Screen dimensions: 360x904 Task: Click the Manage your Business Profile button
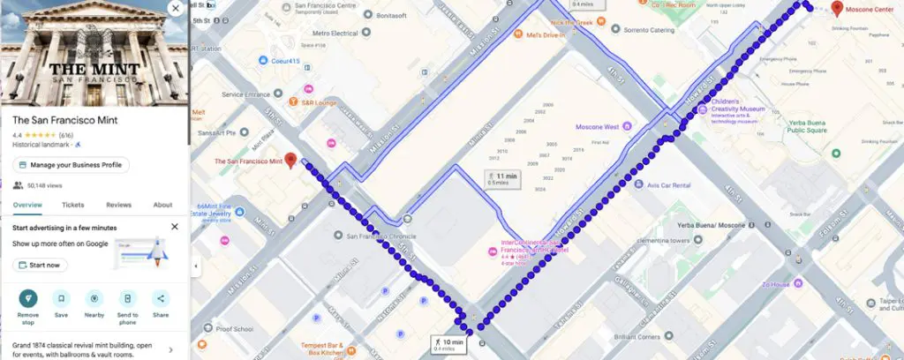tap(72, 165)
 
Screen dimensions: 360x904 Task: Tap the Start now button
tap(40, 265)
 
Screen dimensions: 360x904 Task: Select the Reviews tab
tap(118, 205)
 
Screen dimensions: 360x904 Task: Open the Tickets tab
tap(73, 205)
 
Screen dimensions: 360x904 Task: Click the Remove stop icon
tap(28, 298)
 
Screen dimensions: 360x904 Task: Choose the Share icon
tap(161, 298)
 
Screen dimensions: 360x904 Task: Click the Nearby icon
tap(94, 298)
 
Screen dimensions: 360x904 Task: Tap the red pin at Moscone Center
tap(837, 9)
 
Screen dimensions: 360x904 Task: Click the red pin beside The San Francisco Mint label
tap(291, 161)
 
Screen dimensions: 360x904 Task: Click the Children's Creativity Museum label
tap(742, 109)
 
